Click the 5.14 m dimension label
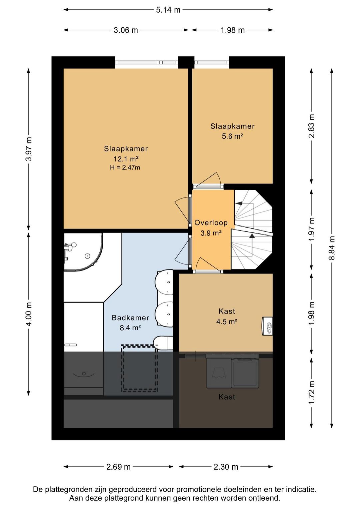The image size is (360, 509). click(168, 10)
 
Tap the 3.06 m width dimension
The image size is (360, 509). click(126, 30)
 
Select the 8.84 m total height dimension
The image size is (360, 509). click(332, 248)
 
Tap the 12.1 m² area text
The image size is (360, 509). click(126, 158)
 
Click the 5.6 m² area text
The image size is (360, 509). click(232, 136)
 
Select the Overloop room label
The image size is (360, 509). click(211, 223)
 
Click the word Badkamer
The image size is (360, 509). click(130, 318)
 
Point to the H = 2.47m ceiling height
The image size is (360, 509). click(125, 168)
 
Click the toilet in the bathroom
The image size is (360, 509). click(163, 343)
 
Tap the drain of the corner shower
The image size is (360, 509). click(87, 256)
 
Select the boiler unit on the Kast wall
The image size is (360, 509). click(267, 326)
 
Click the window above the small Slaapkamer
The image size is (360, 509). click(212, 62)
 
